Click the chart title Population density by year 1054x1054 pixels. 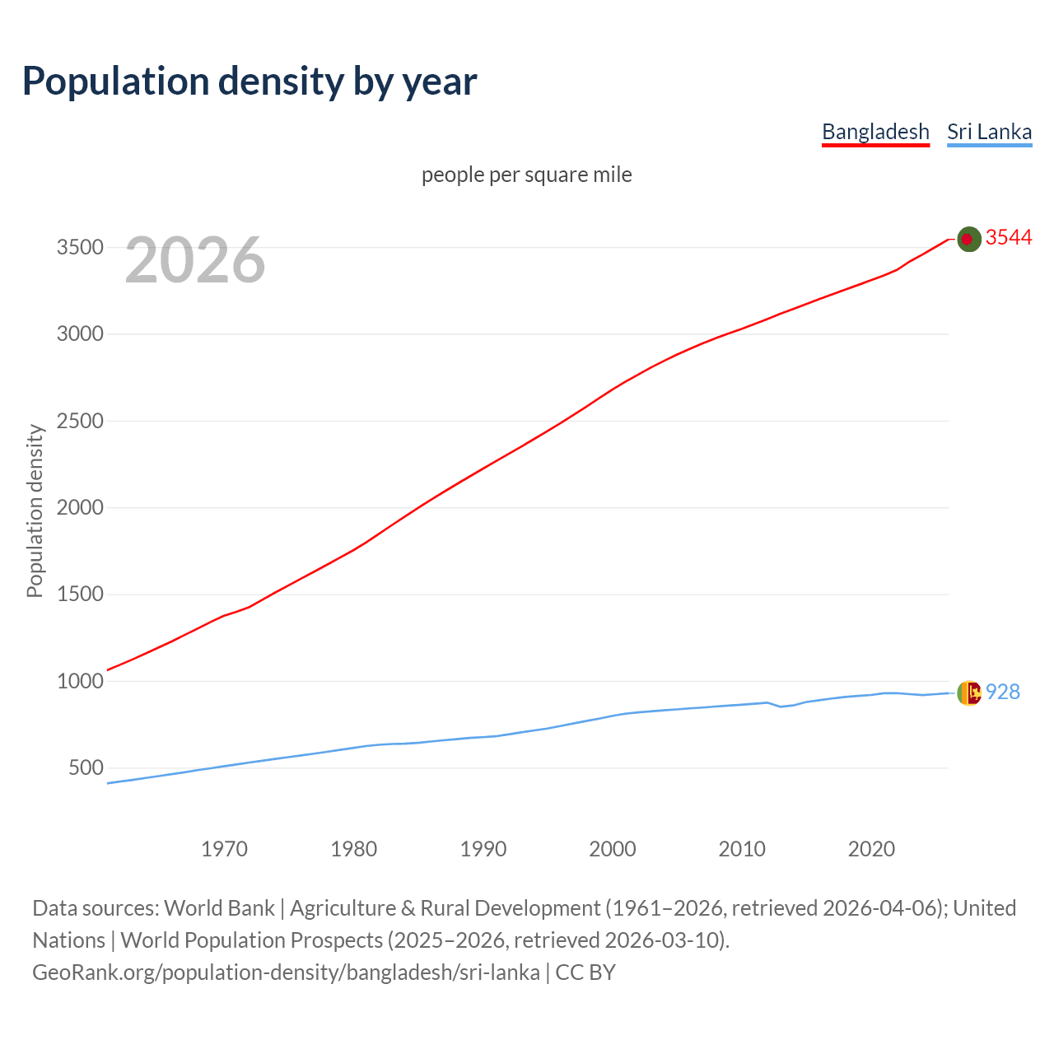pyautogui.click(x=250, y=82)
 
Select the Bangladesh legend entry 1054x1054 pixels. pyautogui.click(x=875, y=132)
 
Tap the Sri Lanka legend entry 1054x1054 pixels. pyautogui.click(x=989, y=132)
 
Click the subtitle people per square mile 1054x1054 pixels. pyautogui.click(x=526, y=175)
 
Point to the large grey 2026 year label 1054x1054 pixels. pyautogui.click(x=195, y=260)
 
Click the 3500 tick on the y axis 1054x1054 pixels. pyautogui.click(x=80, y=248)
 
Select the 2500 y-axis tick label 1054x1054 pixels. pyautogui.click(x=80, y=421)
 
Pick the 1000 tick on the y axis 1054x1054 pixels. pyautogui.click(x=80, y=681)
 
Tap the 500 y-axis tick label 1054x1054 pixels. pyautogui.click(x=86, y=767)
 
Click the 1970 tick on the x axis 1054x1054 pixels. pyautogui.click(x=224, y=849)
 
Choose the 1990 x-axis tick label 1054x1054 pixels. pyautogui.click(x=483, y=849)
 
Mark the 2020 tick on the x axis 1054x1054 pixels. pyautogui.click(x=871, y=849)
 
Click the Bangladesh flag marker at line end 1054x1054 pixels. pyautogui.click(x=969, y=239)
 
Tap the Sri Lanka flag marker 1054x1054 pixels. pyautogui.click(x=969, y=693)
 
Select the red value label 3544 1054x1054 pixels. pyautogui.click(x=1009, y=238)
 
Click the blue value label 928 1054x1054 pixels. pyautogui.click(x=1003, y=693)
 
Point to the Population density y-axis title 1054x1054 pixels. pyautogui.click(x=35, y=511)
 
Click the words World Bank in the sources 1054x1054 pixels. pyautogui.click(x=219, y=908)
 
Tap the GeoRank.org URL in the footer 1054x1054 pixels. pyautogui.click(x=286, y=972)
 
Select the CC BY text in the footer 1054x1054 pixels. pyautogui.click(x=585, y=972)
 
